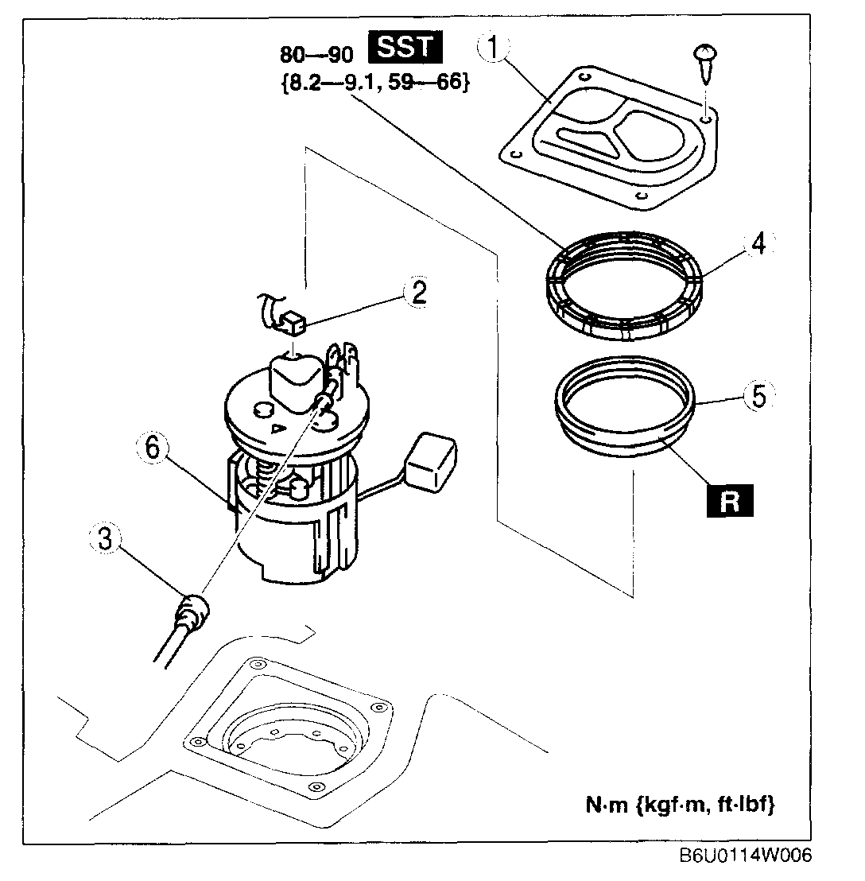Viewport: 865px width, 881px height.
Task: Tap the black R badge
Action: [x=730, y=503]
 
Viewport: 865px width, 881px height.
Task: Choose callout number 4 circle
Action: [x=758, y=244]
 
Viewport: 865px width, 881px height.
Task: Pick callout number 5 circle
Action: [x=758, y=396]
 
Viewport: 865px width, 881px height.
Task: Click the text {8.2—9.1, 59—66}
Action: [x=374, y=82]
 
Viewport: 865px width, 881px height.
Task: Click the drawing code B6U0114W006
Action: [x=747, y=857]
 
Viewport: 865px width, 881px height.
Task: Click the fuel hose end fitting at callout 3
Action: [x=193, y=611]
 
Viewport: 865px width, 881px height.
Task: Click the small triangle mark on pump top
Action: [x=277, y=430]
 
